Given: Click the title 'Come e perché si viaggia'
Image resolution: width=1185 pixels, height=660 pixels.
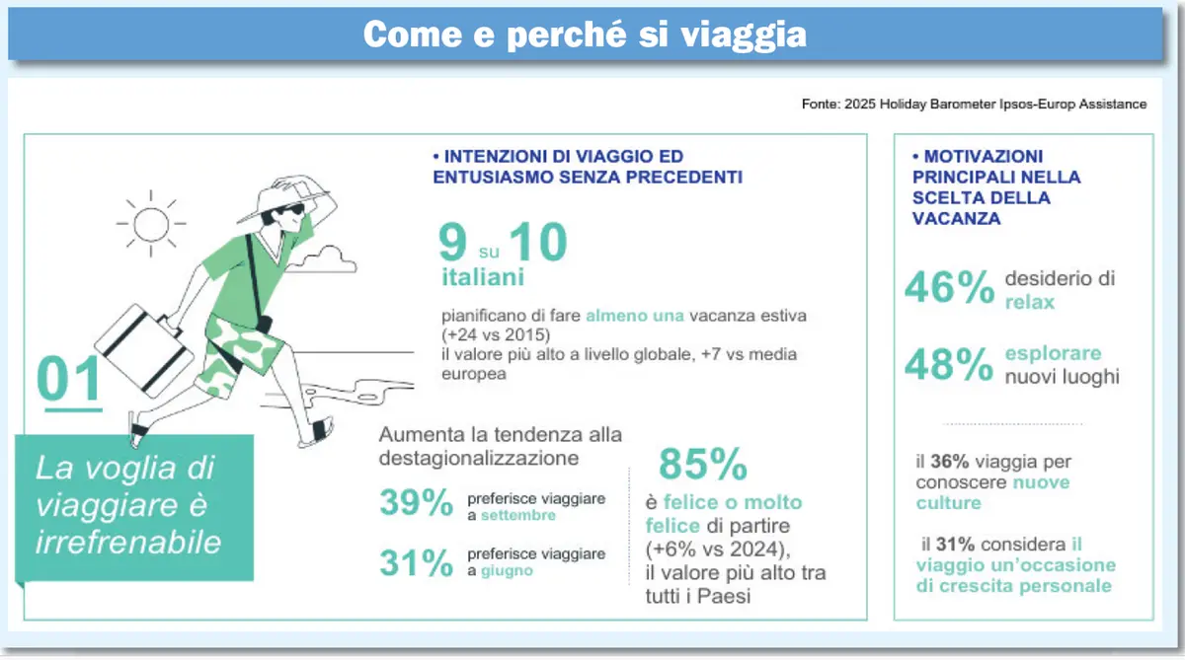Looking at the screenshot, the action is [x=585, y=35].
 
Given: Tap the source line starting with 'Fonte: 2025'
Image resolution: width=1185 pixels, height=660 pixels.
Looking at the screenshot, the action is [x=974, y=105].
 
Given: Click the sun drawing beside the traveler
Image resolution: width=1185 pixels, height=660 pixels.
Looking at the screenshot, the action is [x=151, y=224].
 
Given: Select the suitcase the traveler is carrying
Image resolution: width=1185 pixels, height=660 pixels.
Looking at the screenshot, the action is [x=144, y=350].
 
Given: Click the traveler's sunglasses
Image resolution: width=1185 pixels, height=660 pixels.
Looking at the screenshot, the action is [x=291, y=210].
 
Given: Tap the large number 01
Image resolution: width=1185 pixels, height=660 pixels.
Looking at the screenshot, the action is [x=69, y=379].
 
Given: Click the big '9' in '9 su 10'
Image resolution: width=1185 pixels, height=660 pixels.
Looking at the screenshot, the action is [x=453, y=242].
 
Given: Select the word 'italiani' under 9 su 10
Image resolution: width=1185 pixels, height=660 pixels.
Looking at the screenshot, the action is [x=483, y=277].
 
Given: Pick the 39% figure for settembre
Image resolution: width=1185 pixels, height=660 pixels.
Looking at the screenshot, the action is [x=417, y=502].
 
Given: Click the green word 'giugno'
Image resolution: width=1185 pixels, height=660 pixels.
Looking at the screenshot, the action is [x=507, y=571].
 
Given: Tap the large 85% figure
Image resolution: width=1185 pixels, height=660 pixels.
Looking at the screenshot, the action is [x=703, y=464].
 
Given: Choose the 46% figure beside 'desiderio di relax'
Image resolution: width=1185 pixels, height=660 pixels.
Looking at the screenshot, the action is [x=950, y=287].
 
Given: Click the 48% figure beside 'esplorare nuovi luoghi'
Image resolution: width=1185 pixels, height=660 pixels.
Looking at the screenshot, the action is [x=949, y=364].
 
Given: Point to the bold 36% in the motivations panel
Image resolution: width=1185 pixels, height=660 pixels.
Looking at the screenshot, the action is [x=950, y=462].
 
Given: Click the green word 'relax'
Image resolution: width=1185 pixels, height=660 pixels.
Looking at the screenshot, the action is [x=1029, y=302].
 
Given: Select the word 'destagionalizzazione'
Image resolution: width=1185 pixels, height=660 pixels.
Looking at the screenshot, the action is [x=479, y=458].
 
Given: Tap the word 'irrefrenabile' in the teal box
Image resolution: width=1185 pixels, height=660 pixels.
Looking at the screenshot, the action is [x=128, y=543].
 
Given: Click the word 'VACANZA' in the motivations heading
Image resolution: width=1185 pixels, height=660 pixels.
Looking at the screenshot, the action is [x=957, y=218].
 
